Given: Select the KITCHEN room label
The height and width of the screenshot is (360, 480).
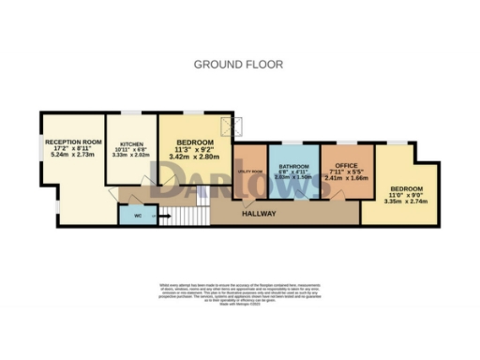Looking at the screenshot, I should pos(131,144).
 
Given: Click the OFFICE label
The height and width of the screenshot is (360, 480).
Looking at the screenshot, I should pos(347,166).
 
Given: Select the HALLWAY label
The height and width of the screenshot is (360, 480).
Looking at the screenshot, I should pos(260,214).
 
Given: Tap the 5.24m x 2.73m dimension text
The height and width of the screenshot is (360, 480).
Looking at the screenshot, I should pos(71,155).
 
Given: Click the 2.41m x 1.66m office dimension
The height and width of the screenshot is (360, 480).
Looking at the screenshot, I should pos(347,178).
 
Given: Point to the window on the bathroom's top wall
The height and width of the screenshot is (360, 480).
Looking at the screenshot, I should pos(293,143).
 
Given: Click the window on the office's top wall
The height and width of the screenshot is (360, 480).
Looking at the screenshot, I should pos(343,143).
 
